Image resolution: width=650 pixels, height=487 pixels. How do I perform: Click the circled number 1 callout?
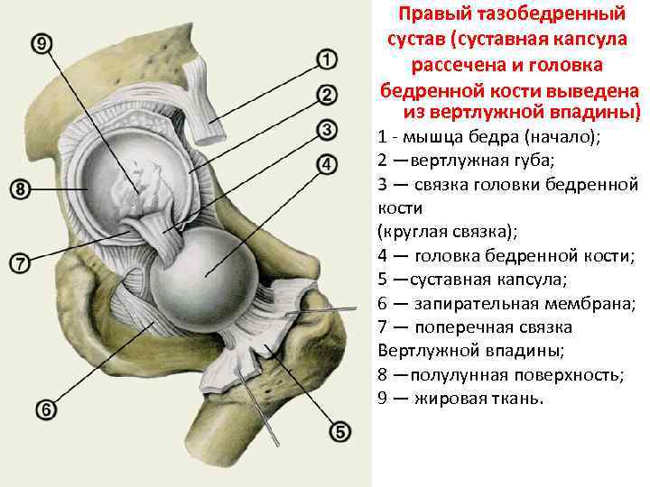(327, 60)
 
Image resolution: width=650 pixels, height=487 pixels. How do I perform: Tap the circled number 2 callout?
(327, 95)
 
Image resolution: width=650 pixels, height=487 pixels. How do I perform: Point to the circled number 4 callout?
(327, 164)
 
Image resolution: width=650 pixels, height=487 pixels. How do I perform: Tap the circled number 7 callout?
(19, 262)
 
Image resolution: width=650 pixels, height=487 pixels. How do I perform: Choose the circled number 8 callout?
(19, 189)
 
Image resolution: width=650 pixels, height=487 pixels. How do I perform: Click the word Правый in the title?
(434, 14)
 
